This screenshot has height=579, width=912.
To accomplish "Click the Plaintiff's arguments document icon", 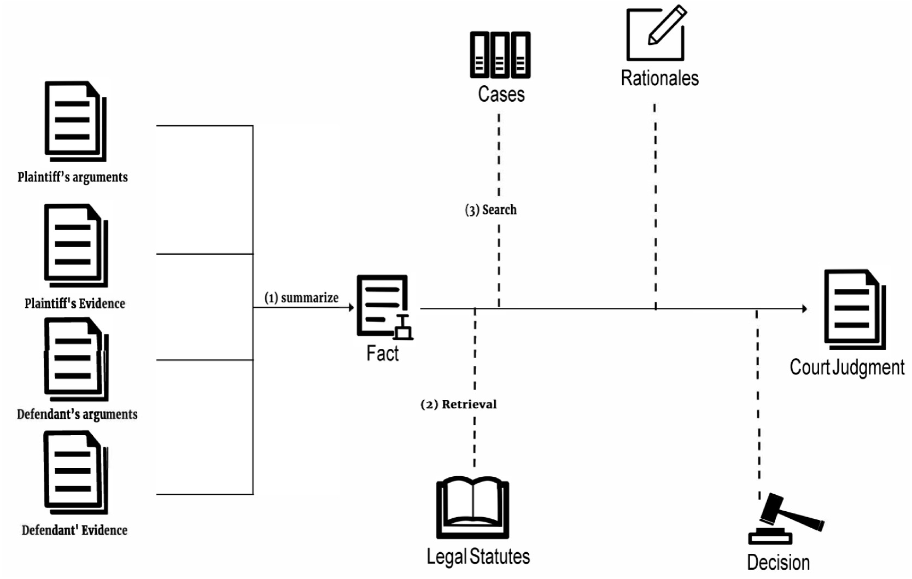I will coord(75,121).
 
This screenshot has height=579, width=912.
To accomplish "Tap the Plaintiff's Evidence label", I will coord(75,303).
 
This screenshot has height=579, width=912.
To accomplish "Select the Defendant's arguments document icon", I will coord(75,359).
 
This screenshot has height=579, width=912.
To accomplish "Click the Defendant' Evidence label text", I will coord(74,530).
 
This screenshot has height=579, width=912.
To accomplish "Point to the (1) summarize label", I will coord(301,298).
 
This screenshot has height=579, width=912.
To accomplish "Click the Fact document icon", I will coord(384,306).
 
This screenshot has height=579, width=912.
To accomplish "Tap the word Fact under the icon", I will coord(382,353).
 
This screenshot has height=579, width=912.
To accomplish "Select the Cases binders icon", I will coord(500,55).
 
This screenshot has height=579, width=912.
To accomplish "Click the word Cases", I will coord(501,94).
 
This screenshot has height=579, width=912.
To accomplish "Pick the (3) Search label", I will coord(490,209).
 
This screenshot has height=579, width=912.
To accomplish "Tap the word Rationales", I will coord(659,78).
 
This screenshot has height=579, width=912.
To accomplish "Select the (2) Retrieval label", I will coord(458,405).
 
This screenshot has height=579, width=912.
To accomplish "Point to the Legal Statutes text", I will coord(478,557).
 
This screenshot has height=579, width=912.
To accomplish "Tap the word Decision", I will coord(778,562).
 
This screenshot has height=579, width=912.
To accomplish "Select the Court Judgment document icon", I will coord(854,309).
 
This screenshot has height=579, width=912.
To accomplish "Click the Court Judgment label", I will coord(846,367).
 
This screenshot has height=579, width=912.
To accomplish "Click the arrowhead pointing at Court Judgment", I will coord(804,309).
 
